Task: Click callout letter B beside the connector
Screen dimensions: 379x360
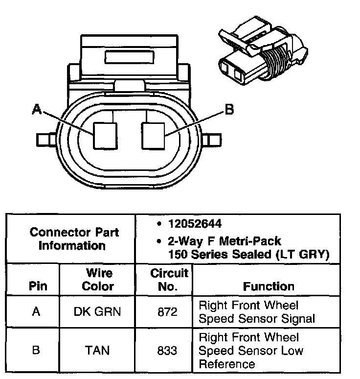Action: (229, 110)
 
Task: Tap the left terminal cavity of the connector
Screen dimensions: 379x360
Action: (105, 135)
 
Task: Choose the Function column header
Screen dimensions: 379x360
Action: (269, 286)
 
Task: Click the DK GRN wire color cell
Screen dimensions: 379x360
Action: (98, 312)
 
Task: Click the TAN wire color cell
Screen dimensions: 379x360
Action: (98, 350)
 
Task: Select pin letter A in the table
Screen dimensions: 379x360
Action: (36, 312)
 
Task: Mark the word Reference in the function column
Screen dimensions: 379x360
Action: (226, 364)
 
